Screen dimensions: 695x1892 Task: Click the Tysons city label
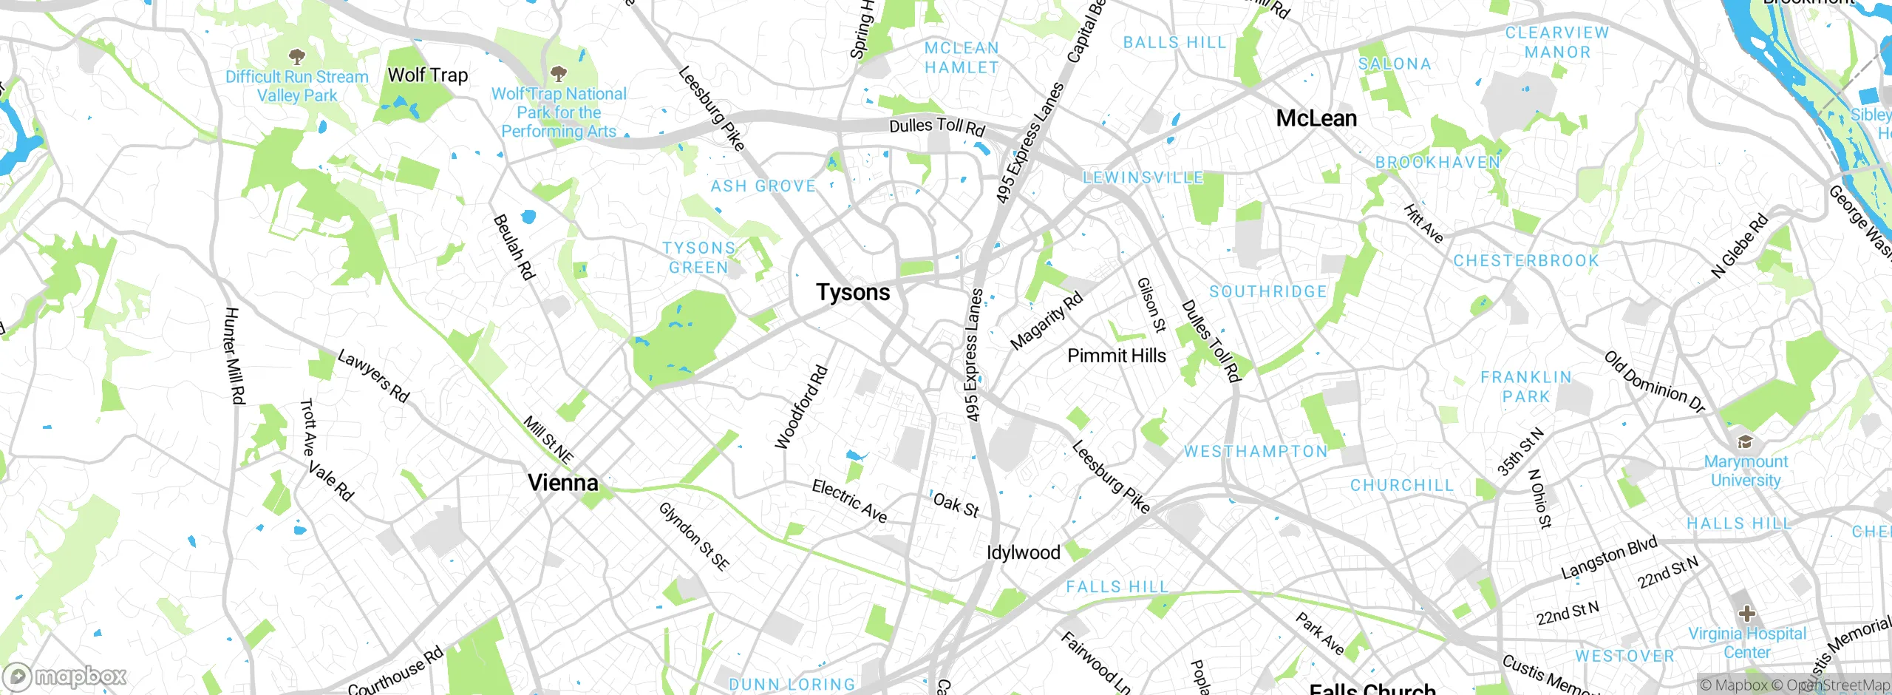tap(853, 292)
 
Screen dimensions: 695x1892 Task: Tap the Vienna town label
tap(562, 483)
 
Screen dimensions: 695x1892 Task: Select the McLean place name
tap(1316, 118)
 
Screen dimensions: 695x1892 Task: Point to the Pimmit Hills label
tap(1116, 356)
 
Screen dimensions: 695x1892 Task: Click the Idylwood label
tap(1024, 552)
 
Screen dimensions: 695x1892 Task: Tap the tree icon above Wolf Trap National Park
tap(559, 73)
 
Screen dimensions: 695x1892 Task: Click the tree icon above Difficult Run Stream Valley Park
tap(296, 56)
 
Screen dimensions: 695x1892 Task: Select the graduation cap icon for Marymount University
tap(1745, 442)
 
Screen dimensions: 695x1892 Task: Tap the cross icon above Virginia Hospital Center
tap(1746, 614)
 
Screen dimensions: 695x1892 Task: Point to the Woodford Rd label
tap(800, 407)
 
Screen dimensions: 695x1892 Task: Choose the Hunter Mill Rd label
tap(234, 356)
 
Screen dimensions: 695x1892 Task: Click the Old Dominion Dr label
tap(1654, 382)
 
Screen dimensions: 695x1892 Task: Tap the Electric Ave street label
tap(849, 501)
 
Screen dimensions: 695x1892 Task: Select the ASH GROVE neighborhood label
tap(763, 186)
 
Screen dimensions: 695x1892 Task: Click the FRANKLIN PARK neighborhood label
tap(1525, 387)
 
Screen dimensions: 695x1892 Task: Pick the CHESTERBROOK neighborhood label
tap(1525, 261)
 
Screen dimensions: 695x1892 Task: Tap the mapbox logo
tap(67, 677)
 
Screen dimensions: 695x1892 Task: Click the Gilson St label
tap(1151, 305)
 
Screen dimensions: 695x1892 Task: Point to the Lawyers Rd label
tap(373, 376)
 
